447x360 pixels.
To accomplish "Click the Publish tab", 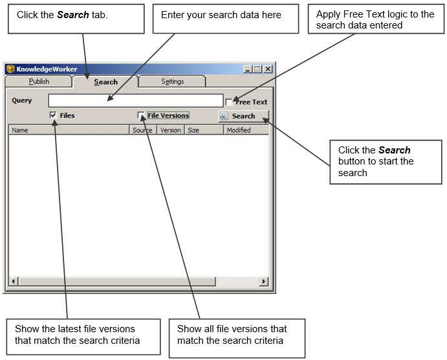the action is coord(39,82).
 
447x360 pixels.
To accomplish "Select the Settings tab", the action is coord(173,82).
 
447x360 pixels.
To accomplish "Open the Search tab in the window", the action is coord(105,82).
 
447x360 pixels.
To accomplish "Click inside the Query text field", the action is coord(136,101).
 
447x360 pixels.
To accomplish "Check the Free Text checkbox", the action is coord(229,102).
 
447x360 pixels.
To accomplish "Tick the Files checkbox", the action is coord(53,115).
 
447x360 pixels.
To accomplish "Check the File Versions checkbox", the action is coord(141,115).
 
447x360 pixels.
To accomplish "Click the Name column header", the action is coord(69,130).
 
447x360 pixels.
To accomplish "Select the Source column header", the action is coord(143,130).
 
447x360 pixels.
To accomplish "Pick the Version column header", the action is coord(171,130).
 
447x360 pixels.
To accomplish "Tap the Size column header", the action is coord(204,130).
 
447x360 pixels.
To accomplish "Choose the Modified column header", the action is coord(246,130).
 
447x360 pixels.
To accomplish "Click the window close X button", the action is coord(268,69).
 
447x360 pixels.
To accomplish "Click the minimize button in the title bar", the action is coord(248,69).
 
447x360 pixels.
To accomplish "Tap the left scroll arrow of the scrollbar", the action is coord(13,282).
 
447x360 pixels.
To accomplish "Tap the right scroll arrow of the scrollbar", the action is coord(264,282).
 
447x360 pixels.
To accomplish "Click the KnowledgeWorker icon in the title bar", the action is coord(10,69).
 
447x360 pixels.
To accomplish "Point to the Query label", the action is coord(21,100).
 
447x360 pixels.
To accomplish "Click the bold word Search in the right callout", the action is coord(394,150).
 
